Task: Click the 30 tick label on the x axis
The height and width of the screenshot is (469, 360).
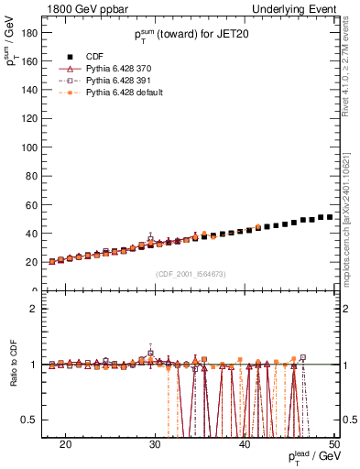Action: tap(155, 443)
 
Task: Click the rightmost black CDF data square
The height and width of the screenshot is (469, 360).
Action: tap(330, 217)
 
